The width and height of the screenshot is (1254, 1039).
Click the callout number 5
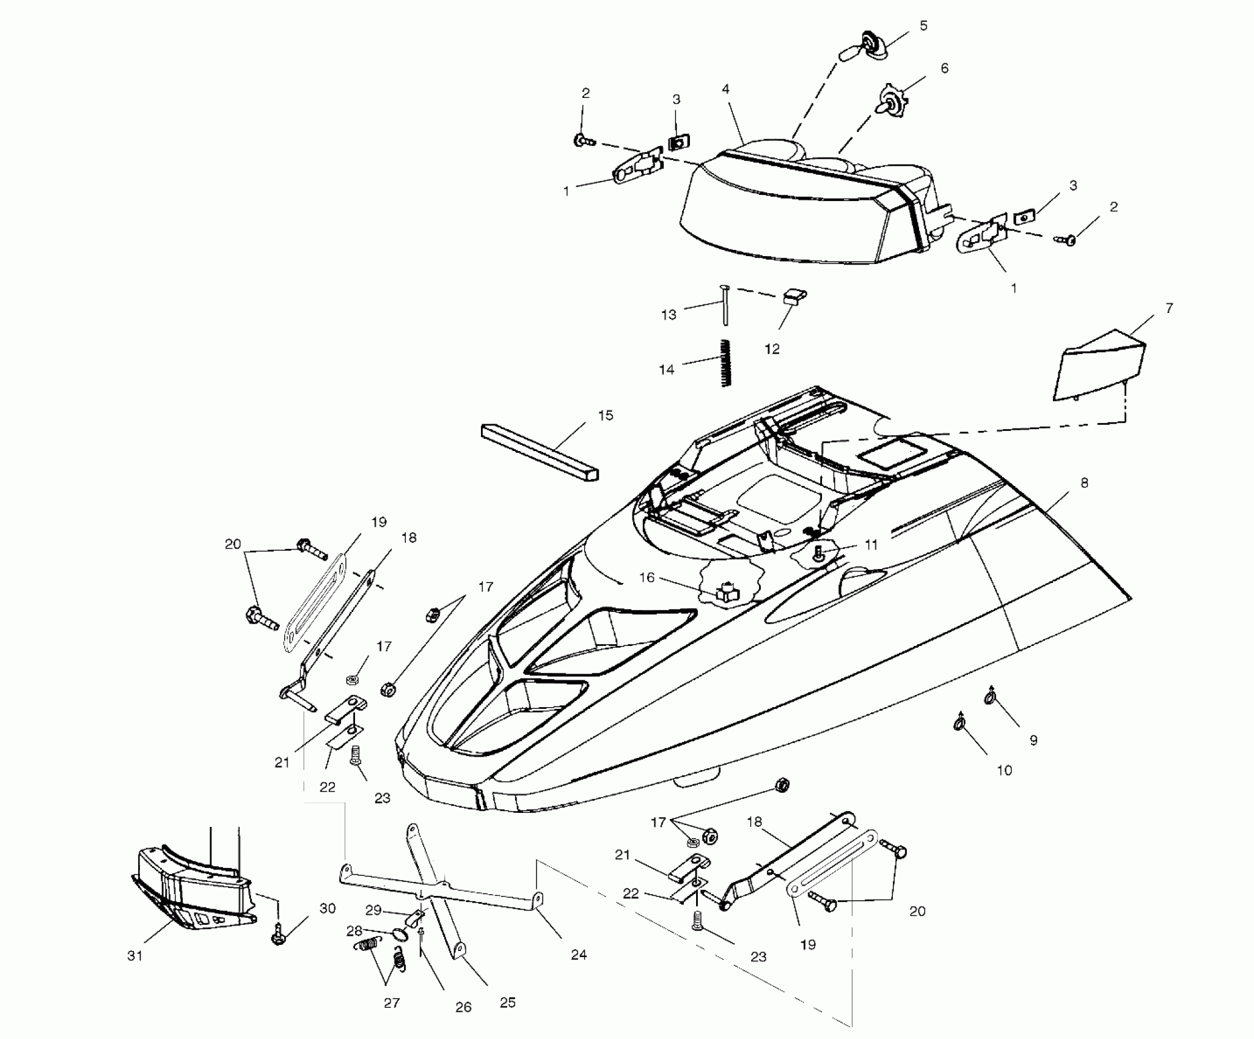point(923,26)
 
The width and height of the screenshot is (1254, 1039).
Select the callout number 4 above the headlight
point(725,90)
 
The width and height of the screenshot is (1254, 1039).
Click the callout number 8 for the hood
point(1084,483)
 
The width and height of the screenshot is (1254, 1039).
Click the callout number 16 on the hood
point(647,577)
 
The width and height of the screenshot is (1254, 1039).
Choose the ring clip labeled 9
point(991,696)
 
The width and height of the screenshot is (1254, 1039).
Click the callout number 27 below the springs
point(392,1003)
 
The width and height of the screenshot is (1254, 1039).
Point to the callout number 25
point(508,1002)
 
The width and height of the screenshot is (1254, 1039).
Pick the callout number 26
point(463,1007)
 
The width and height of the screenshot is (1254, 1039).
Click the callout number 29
point(373,910)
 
